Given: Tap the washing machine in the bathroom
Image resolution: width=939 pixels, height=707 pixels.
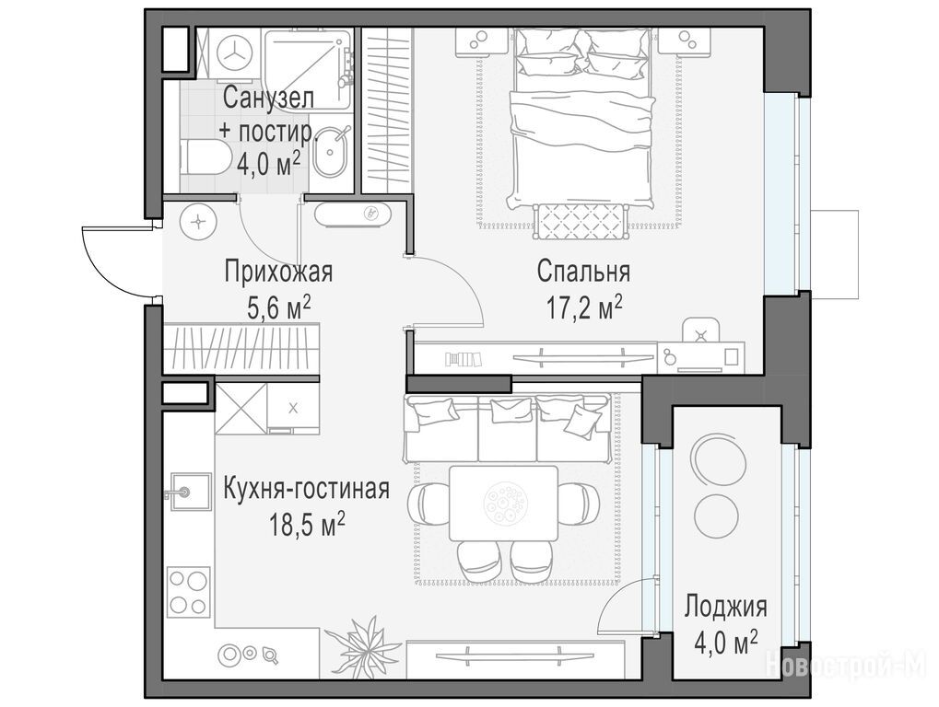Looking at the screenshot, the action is (232, 52).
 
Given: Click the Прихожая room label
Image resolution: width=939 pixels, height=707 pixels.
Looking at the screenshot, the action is (278, 272).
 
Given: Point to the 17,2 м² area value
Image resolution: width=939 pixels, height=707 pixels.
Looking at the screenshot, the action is (584, 307).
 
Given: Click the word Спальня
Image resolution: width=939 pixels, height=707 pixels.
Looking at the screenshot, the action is (583, 272).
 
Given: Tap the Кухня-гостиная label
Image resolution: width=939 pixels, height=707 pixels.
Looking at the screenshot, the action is (306, 489).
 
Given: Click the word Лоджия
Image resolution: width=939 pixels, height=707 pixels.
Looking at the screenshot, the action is (726, 607).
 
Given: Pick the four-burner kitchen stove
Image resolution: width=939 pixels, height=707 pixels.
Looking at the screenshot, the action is (189, 592).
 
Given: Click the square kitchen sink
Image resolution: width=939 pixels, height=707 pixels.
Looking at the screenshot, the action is (189, 492).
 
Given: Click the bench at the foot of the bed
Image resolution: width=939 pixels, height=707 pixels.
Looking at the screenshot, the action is (579, 221).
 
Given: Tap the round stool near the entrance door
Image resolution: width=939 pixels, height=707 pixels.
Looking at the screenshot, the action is (197, 221).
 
